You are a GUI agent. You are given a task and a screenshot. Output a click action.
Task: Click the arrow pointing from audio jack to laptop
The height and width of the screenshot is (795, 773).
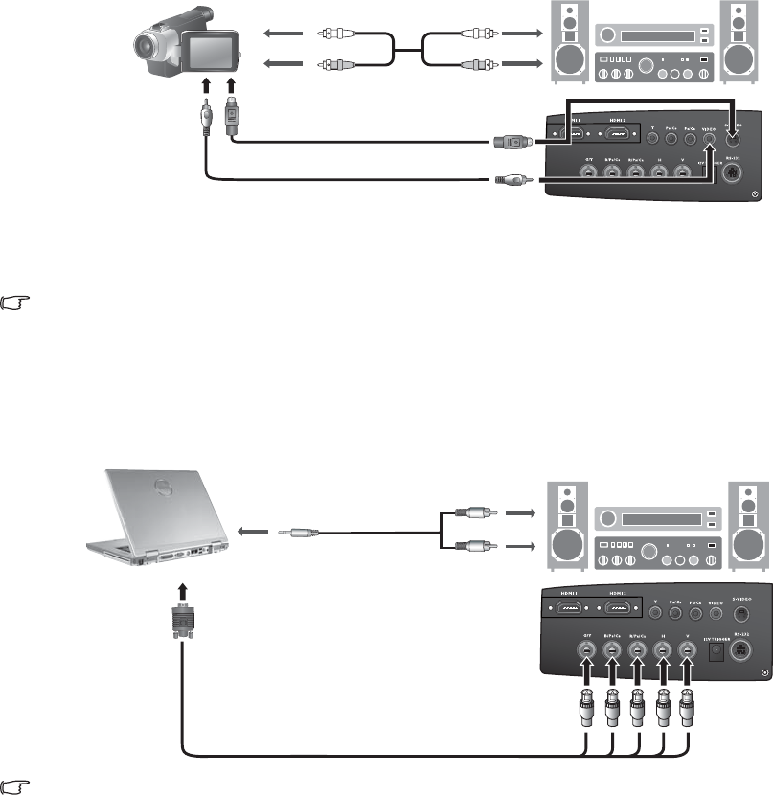pyautogui.click(x=253, y=529)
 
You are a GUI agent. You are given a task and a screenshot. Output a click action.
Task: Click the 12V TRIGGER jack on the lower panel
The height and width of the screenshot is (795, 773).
pyautogui.click(x=713, y=653)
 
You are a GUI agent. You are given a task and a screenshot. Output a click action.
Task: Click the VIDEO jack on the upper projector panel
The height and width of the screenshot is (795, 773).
pyautogui.click(x=709, y=139)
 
